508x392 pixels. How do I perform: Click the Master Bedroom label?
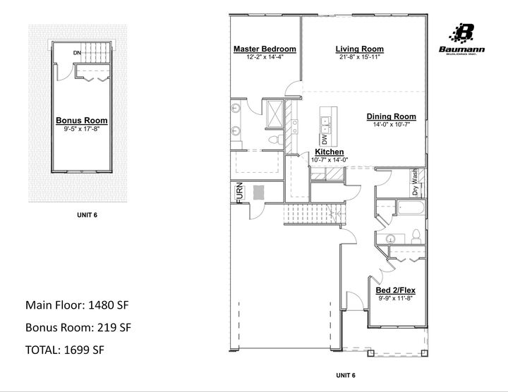pyautogui.click(x=265, y=49)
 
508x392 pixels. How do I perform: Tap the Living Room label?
pyautogui.click(x=359, y=49)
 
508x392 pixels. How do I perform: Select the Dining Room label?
pyautogui.click(x=391, y=116)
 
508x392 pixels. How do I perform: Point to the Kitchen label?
pyautogui.click(x=329, y=152)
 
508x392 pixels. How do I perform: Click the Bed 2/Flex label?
pyautogui.click(x=394, y=290)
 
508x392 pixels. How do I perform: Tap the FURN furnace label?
pyautogui.click(x=239, y=192)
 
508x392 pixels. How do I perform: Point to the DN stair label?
pyautogui.click(x=77, y=53)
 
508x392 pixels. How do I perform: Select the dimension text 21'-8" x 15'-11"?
pyautogui.click(x=359, y=57)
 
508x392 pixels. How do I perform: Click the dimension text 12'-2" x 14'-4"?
pyautogui.click(x=265, y=57)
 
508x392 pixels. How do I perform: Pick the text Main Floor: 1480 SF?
pyautogui.click(x=77, y=305)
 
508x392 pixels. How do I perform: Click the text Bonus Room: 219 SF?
pyautogui.click(x=78, y=327)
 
